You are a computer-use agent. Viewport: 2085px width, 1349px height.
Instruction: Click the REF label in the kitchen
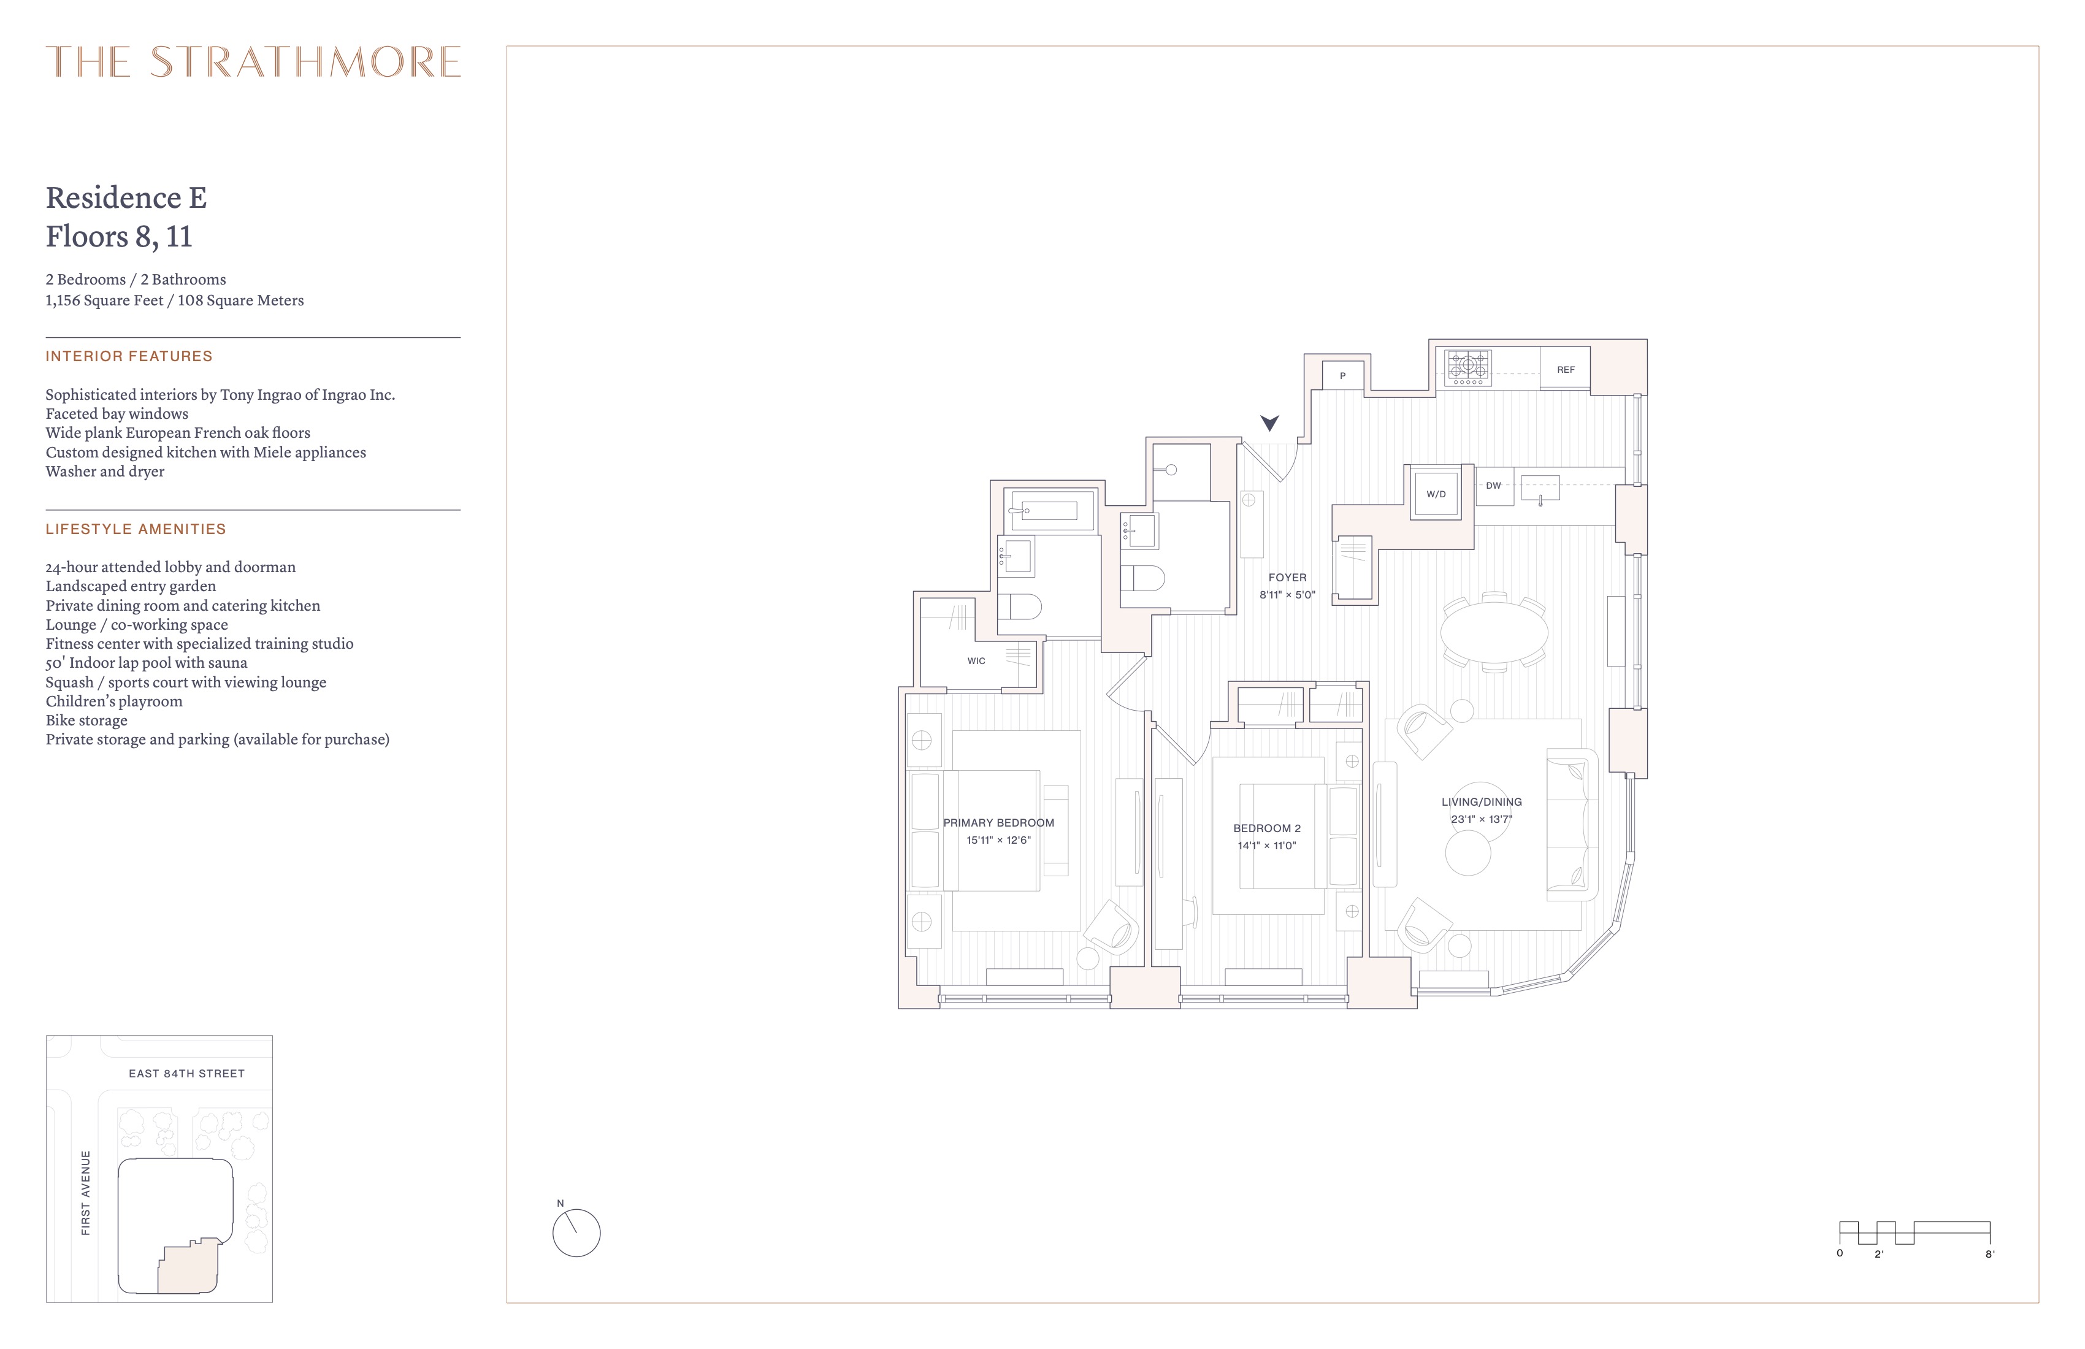1566,370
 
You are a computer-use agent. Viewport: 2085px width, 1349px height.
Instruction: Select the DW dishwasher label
1494,485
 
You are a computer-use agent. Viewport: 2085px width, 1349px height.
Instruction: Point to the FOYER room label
1287,577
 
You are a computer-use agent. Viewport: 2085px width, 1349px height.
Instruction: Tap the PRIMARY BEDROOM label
999,822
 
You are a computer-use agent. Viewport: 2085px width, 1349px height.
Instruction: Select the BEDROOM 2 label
1267,828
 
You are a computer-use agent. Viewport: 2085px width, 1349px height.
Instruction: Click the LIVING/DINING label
1482,801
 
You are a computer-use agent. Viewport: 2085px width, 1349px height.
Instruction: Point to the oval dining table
1494,632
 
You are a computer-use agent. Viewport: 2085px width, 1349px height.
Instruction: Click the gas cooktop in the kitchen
1468,367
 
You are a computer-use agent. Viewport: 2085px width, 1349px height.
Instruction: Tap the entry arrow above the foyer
1269,423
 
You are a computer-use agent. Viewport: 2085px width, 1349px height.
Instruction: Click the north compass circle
576,1233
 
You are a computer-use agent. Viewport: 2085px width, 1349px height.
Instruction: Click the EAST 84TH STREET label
186,1073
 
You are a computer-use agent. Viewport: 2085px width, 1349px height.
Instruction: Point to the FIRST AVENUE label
86,1193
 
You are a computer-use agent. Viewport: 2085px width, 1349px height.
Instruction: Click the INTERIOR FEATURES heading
129,356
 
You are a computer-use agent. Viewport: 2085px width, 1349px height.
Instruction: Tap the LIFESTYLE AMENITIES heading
136,529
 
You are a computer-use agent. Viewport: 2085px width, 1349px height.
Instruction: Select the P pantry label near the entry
1342,376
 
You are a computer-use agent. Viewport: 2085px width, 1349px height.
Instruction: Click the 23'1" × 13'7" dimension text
1482,820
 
